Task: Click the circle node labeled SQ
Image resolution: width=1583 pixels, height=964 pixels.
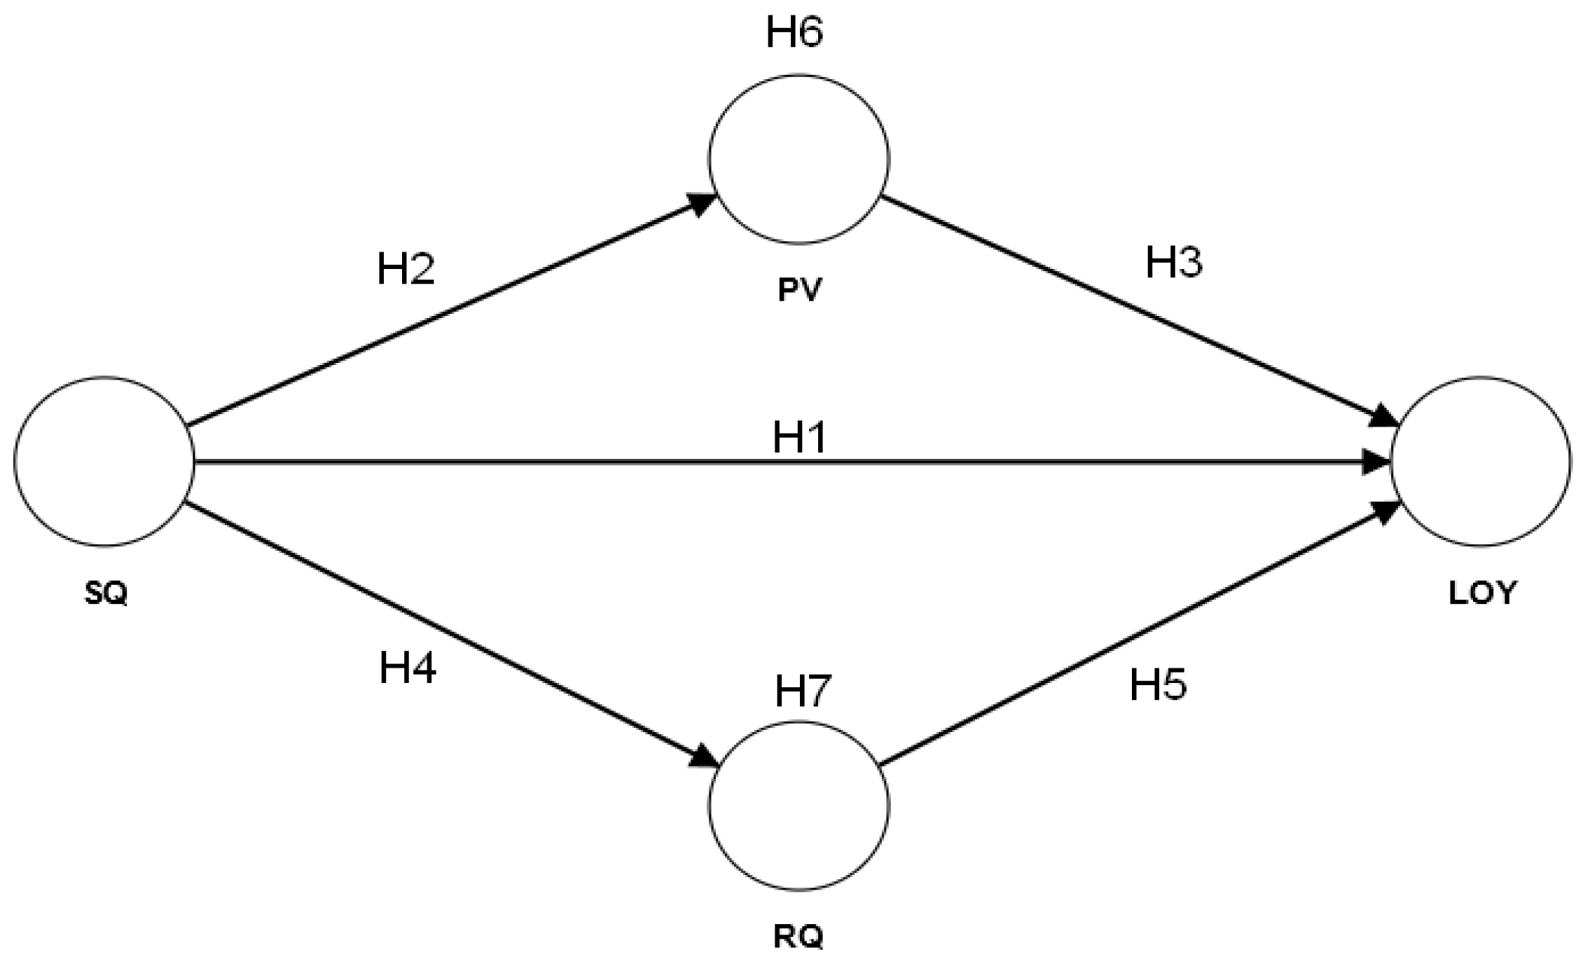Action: click(x=104, y=462)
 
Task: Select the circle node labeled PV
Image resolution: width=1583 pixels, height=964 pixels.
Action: click(x=799, y=160)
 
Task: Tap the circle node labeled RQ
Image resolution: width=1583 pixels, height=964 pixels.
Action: click(x=799, y=806)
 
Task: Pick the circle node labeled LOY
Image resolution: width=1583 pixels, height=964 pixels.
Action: click(x=1480, y=462)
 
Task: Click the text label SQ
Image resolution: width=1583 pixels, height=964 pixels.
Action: click(x=106, y=593)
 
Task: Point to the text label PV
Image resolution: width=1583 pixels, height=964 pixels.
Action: click(x=799, y=289)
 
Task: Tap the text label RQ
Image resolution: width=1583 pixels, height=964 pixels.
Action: click(x=799, y=937)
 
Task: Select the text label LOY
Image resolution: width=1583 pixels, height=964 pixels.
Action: click(x=1482, y=593)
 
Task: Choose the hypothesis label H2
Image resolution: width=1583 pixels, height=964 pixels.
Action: click(x=406, y=269)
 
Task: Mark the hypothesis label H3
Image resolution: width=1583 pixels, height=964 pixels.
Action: click(x=1174, y=263)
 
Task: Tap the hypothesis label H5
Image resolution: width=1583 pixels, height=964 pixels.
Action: click(x=1158, y=684)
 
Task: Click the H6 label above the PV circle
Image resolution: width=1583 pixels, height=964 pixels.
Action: click(x=794, y=32)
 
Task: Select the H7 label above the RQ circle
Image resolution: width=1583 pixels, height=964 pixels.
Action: click(x=803, y=691)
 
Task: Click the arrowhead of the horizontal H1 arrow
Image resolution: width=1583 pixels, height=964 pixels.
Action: click(x=1376, y=462)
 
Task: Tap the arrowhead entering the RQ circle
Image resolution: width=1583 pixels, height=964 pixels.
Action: click(x=704, y=759)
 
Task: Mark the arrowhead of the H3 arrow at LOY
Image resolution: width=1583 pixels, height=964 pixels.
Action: click(x=1385, y=416)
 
